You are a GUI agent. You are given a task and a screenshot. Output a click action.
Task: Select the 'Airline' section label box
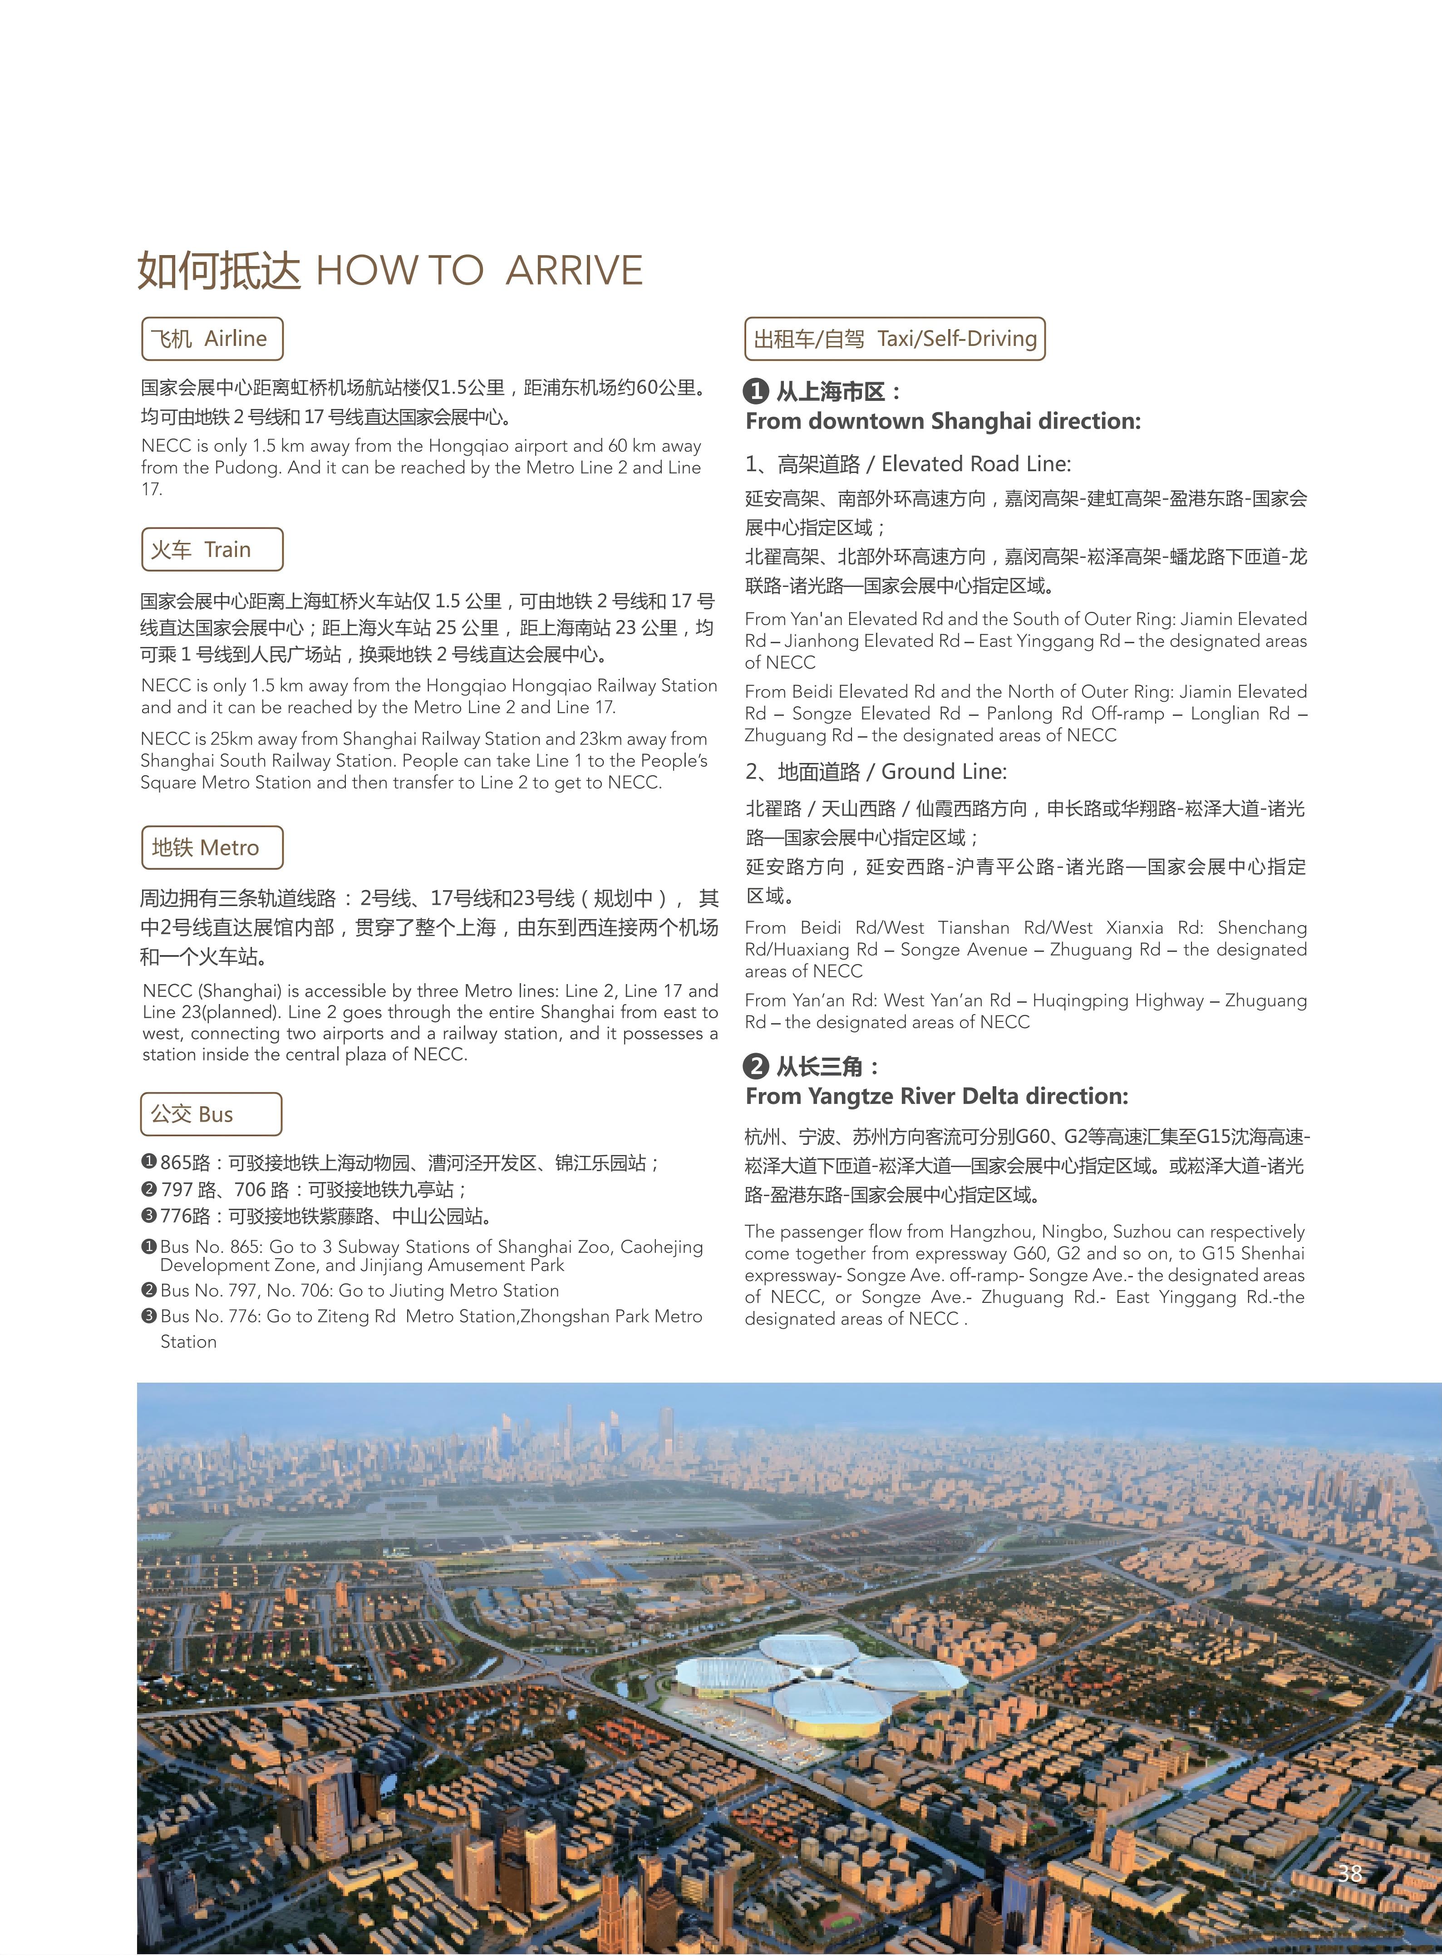(212, 339)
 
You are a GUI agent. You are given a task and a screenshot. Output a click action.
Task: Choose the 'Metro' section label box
(212, 847)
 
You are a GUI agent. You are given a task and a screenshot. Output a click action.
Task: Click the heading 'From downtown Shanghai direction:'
(943, 422)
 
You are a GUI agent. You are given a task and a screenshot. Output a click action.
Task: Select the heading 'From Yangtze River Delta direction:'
(937, 1096)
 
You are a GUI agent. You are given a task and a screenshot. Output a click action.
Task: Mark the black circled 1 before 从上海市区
(756, 391)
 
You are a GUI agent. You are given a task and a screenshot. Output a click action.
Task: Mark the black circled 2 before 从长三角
(756, 1066)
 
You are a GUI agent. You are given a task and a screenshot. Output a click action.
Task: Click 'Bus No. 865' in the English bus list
(210, 1247)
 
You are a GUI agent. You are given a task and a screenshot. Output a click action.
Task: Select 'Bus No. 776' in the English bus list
(210, 1316)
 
